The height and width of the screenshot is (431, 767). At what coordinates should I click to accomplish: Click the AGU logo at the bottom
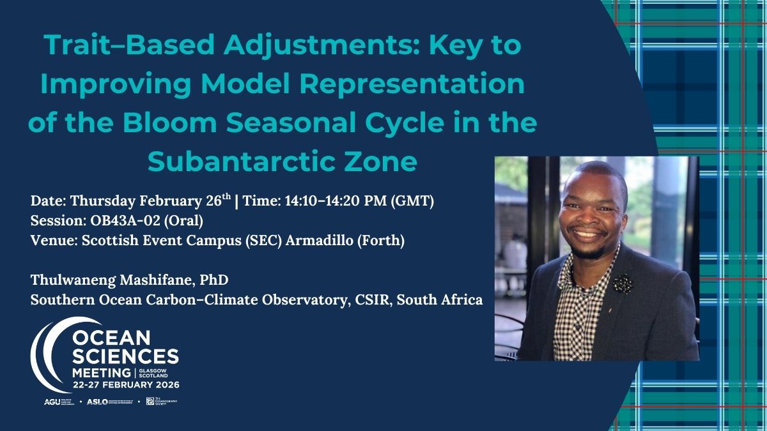click(x=51, y=402)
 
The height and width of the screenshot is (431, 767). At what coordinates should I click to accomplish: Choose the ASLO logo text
click(x=97, y=402)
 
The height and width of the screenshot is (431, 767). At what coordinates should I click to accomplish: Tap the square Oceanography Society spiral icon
click(x=150, y=401)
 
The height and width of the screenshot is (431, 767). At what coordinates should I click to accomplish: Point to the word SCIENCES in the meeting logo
click(x=127, y=355)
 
